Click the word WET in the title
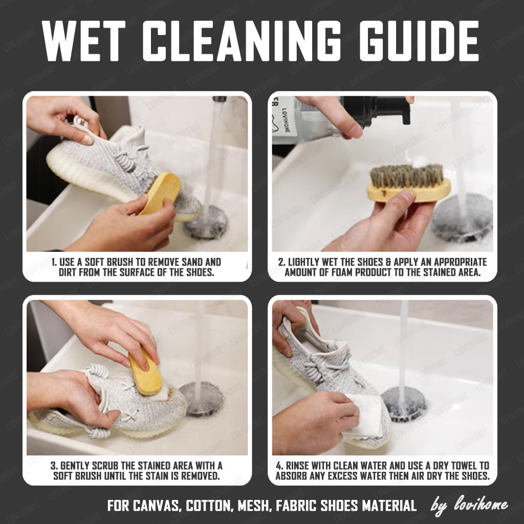(x=84, y=41)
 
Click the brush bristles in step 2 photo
(x=407, y=176)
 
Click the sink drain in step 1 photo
(x=206, y=222)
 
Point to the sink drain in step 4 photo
(x=404, y=404)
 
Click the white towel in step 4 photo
(x=364, y=416)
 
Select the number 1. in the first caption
(x=55, y=261)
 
